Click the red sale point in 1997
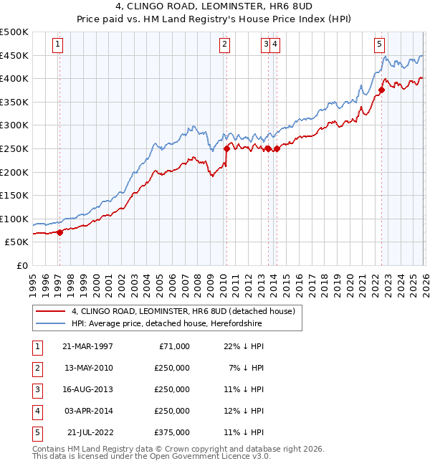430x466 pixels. pos(59,232)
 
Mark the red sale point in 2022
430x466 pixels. pos(381,90)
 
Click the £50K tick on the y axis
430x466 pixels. pos(17,242)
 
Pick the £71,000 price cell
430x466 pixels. pos(173,346)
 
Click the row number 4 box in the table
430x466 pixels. pos(36,411)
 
